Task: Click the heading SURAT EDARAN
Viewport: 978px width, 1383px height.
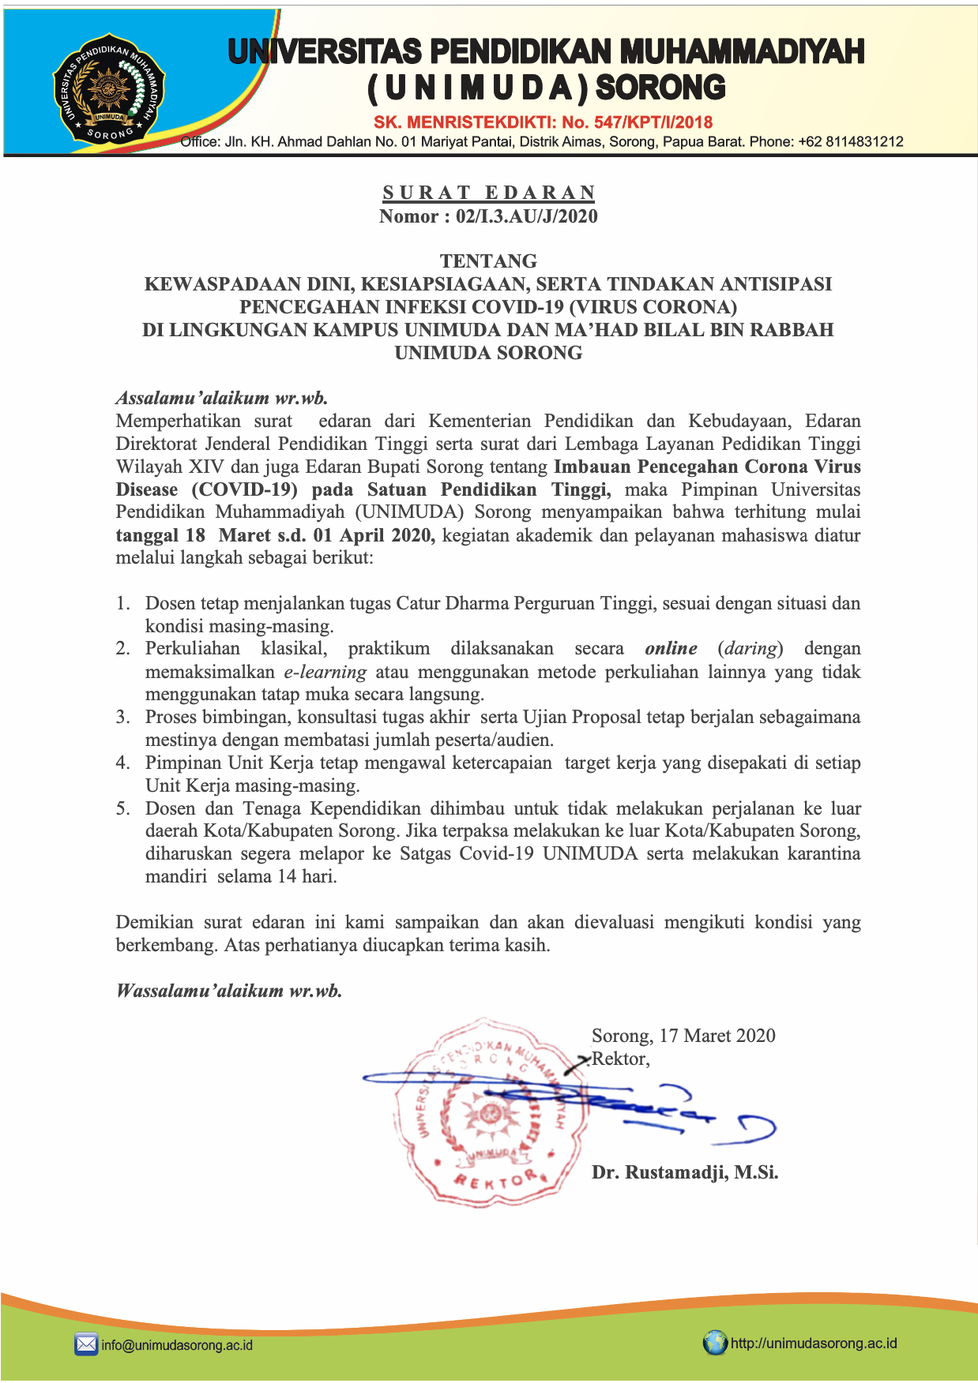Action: (x=489, y=193)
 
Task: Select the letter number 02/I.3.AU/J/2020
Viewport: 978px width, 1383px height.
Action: (x=526, y=216)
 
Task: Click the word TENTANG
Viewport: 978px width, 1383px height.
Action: (x=488, y=261)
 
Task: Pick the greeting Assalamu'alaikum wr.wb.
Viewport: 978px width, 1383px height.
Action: (x=222, y=398)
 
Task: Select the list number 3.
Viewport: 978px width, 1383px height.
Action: (x=122, y=717)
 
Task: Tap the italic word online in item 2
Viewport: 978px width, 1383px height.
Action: (x=671, y=649)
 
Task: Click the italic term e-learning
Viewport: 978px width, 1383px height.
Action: (x=325, y=673)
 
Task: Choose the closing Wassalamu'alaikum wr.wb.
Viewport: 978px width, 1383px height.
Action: (x=229, y=991)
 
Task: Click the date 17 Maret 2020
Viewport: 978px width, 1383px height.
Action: (x=717, y=1036)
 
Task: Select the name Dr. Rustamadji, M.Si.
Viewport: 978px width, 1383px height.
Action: (x=685, y=1173)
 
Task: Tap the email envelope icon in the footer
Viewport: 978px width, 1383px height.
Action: (x=86, y=1344)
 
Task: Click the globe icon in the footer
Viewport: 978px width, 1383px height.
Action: (x=715, y=1343)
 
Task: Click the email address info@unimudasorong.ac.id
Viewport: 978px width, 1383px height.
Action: (x=177, y=1344)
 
